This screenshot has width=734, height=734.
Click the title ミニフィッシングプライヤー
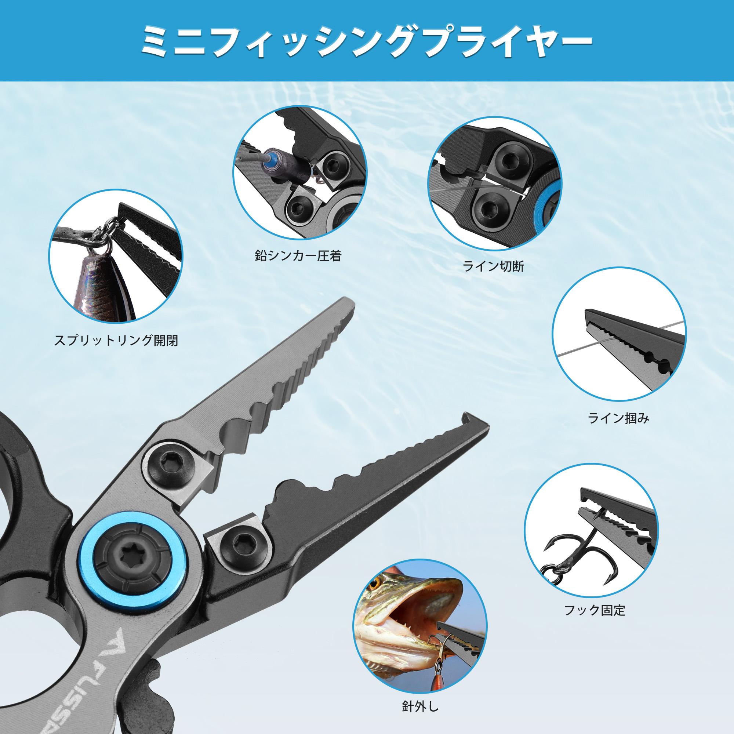367,41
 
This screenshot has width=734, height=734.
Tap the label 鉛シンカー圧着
298,256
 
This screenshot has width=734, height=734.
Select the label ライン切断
493,267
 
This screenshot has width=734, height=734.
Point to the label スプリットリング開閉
116,340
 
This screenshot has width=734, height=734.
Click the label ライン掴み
618,418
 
